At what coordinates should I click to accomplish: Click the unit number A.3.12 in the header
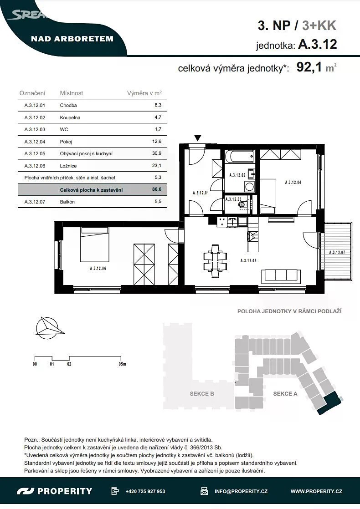[x=318, y=44]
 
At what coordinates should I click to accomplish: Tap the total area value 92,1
[x=309, y=67]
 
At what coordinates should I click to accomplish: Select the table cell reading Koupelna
[x=70, y=117]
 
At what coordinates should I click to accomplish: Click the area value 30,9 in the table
[x=157, y=153]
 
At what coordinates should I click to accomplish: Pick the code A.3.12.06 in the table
[x=35, y=166]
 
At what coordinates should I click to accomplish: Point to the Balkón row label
[x=67, y=202]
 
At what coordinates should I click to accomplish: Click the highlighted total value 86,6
[x=157, y=189]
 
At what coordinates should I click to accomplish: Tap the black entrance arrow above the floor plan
[x=198, y=138]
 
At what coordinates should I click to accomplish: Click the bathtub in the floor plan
[x=239, y=156]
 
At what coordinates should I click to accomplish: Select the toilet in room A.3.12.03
[x=242, y=204]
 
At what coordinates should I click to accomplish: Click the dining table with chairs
[x=215, y=261]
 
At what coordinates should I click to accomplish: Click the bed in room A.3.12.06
[x=94, y=244]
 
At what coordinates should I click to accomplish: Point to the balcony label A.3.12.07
[x=337, y=252]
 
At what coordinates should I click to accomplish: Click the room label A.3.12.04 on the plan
[x=293, y=183]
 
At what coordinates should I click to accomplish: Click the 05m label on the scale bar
[x=122, y=364]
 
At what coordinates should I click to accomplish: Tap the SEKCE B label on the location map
[x=202, y=394]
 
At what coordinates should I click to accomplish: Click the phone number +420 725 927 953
[x=145, y=491]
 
